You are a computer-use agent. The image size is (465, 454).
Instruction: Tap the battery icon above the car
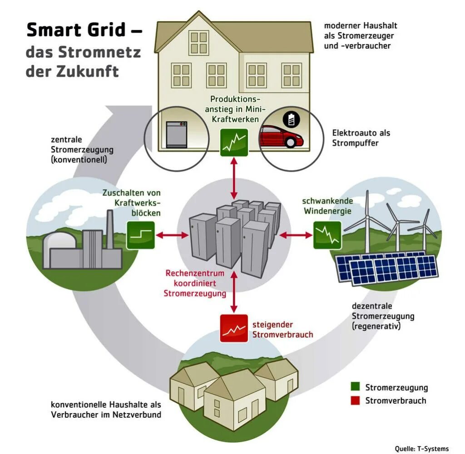[x=291, y=120]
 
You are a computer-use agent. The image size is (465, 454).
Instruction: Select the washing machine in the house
[x=177, y=134]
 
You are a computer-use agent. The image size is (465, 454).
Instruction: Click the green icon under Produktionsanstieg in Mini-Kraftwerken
[x=234, y=142]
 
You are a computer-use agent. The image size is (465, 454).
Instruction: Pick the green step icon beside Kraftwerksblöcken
[x=141, y=235]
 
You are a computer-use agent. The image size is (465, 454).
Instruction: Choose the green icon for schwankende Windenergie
[x=327, y=235]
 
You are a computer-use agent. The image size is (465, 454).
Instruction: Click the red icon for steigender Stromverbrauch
[x=234, y=328]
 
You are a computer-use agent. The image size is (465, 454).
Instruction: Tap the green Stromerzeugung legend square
[x=356, y=387]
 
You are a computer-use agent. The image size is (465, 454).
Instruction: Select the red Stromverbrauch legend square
[x=356, y=400]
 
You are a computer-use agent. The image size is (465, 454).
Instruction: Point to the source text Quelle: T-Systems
[x=421, y=449]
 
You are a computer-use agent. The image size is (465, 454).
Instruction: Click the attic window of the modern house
[x=198, y=43]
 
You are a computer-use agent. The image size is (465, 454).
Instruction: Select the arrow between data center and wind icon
[x=296, y=235]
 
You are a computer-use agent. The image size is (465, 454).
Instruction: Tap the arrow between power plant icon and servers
[x=172, y=235]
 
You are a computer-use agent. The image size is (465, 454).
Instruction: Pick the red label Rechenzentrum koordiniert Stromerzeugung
[x=195, y=283]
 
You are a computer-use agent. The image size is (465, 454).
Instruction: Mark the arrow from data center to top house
[x=234, y=178]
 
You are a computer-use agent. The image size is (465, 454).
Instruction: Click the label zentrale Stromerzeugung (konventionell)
[x=82, y=150]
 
